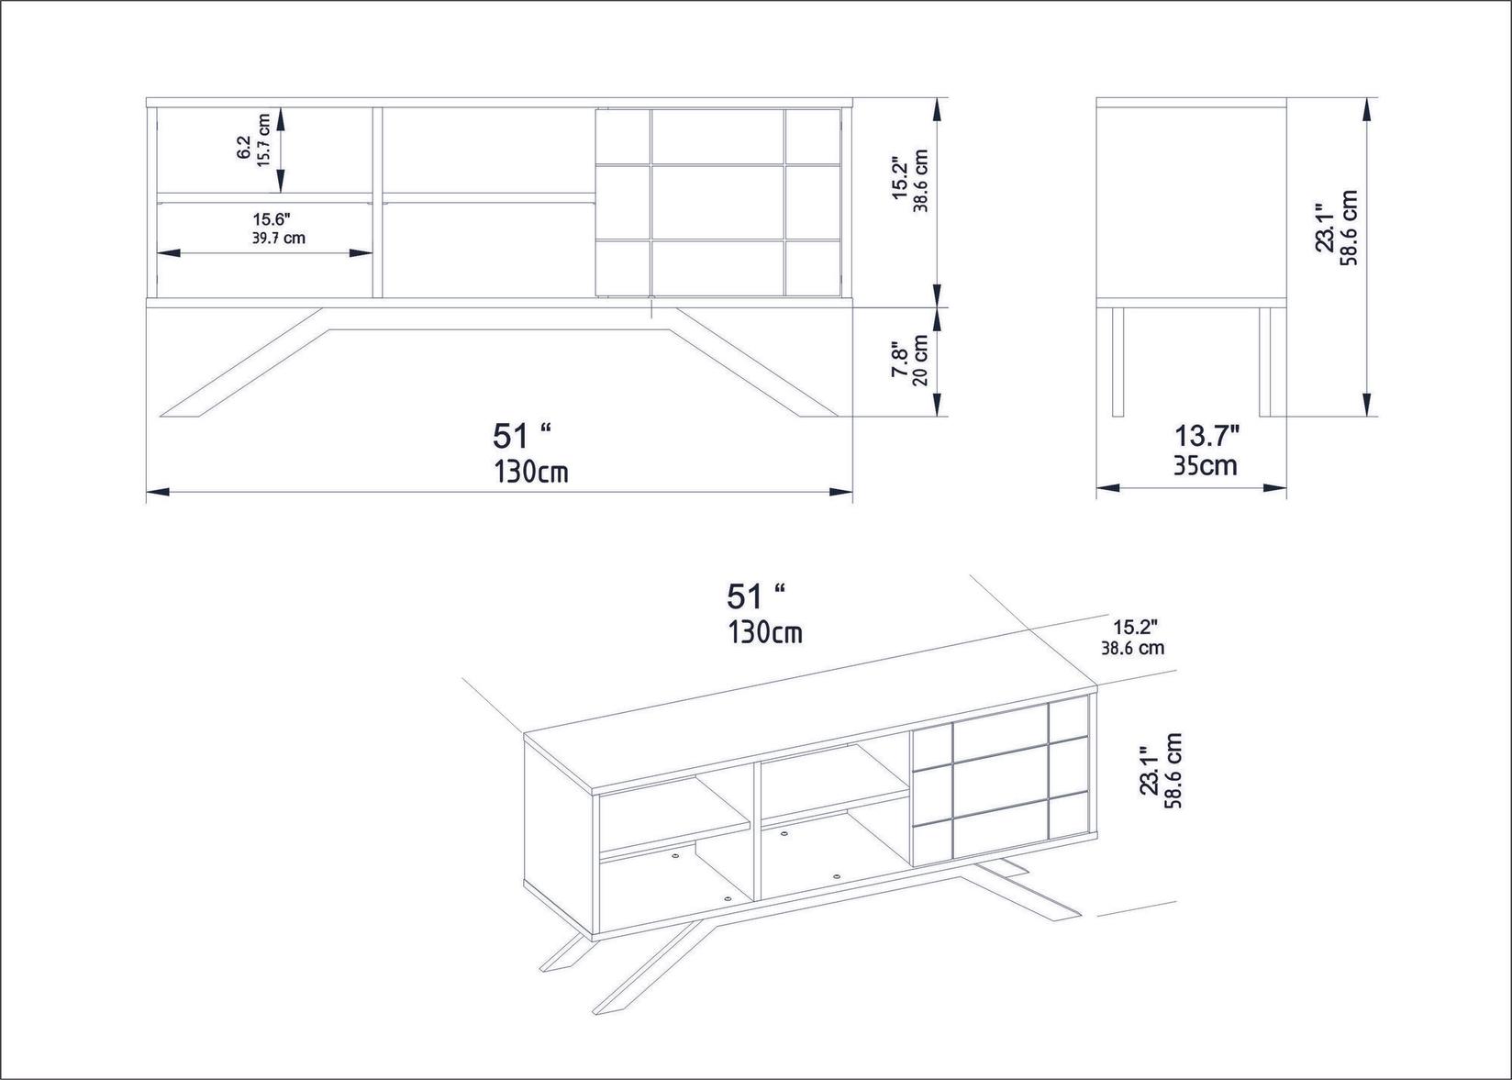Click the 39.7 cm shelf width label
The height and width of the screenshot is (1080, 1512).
coord(279,239)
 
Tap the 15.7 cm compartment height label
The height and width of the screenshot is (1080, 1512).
coord(264,150)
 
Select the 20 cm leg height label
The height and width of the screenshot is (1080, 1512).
coord(920,360)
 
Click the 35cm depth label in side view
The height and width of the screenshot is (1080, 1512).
coord(1205,466)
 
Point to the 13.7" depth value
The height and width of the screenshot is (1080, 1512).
coord(1206,434)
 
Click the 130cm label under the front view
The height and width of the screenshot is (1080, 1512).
coord(530,472)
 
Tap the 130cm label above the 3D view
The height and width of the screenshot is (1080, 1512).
coord(765,633)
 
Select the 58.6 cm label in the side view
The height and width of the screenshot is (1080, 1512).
coord(1348,228)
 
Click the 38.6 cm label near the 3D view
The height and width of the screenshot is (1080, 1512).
coord(1132,648)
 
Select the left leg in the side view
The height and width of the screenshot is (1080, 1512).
coord(1117,362)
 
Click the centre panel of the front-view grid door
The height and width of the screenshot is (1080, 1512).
coord(717,202)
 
